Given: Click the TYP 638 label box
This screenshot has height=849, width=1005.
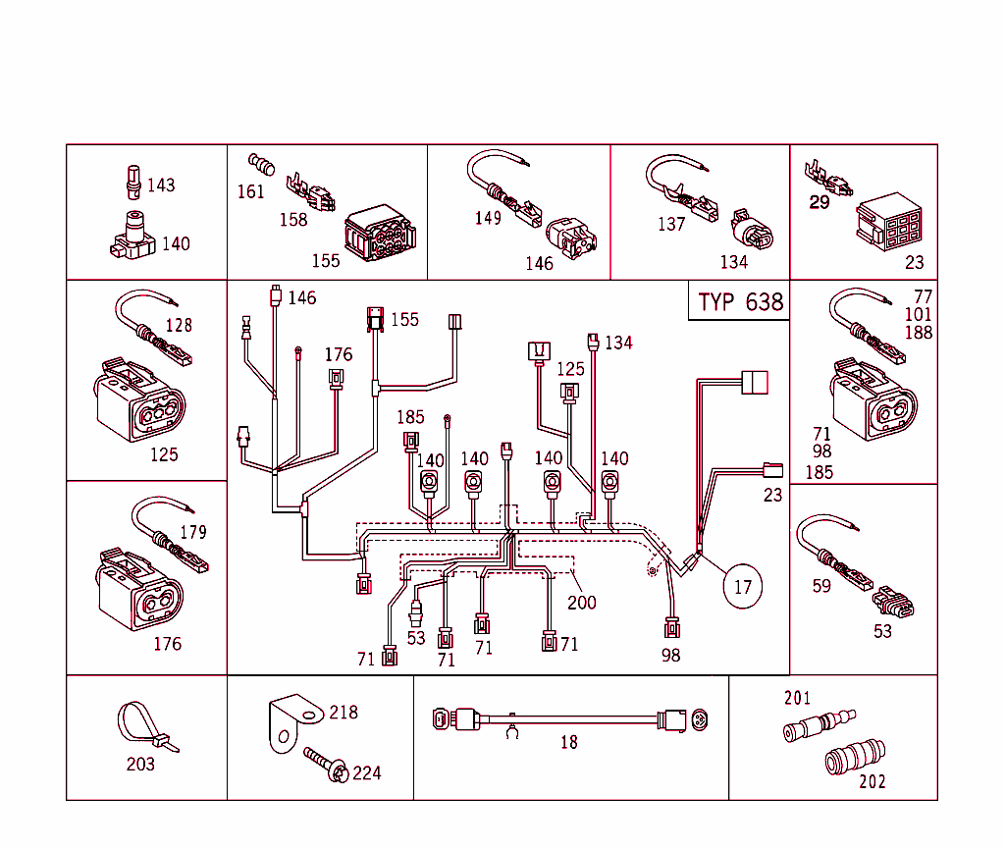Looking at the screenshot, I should [x=741, y=301].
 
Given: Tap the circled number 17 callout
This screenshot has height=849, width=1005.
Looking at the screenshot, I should [x=742, y=587].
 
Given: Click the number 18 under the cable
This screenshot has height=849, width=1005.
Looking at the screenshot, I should [x=569, y=743].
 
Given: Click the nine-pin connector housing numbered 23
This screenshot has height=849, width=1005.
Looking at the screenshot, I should [x=888, y=224].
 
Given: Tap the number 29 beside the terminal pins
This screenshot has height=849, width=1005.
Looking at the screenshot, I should [x=820, y=203].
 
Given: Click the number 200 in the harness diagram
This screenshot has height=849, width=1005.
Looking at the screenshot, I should [x=582, y=602].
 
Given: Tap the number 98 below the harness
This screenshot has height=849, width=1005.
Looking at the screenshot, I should [x=670, y=655].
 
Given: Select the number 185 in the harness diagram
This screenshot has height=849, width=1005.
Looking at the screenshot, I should [x=410, y=417].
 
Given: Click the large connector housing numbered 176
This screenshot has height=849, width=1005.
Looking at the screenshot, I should [x=139, y=587].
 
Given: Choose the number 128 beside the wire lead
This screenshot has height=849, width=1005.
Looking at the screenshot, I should [x=179, y=325].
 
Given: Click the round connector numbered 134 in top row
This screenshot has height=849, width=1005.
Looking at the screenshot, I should [x=751, y=230].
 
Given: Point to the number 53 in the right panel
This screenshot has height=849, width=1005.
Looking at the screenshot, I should [x=883, y=631].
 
